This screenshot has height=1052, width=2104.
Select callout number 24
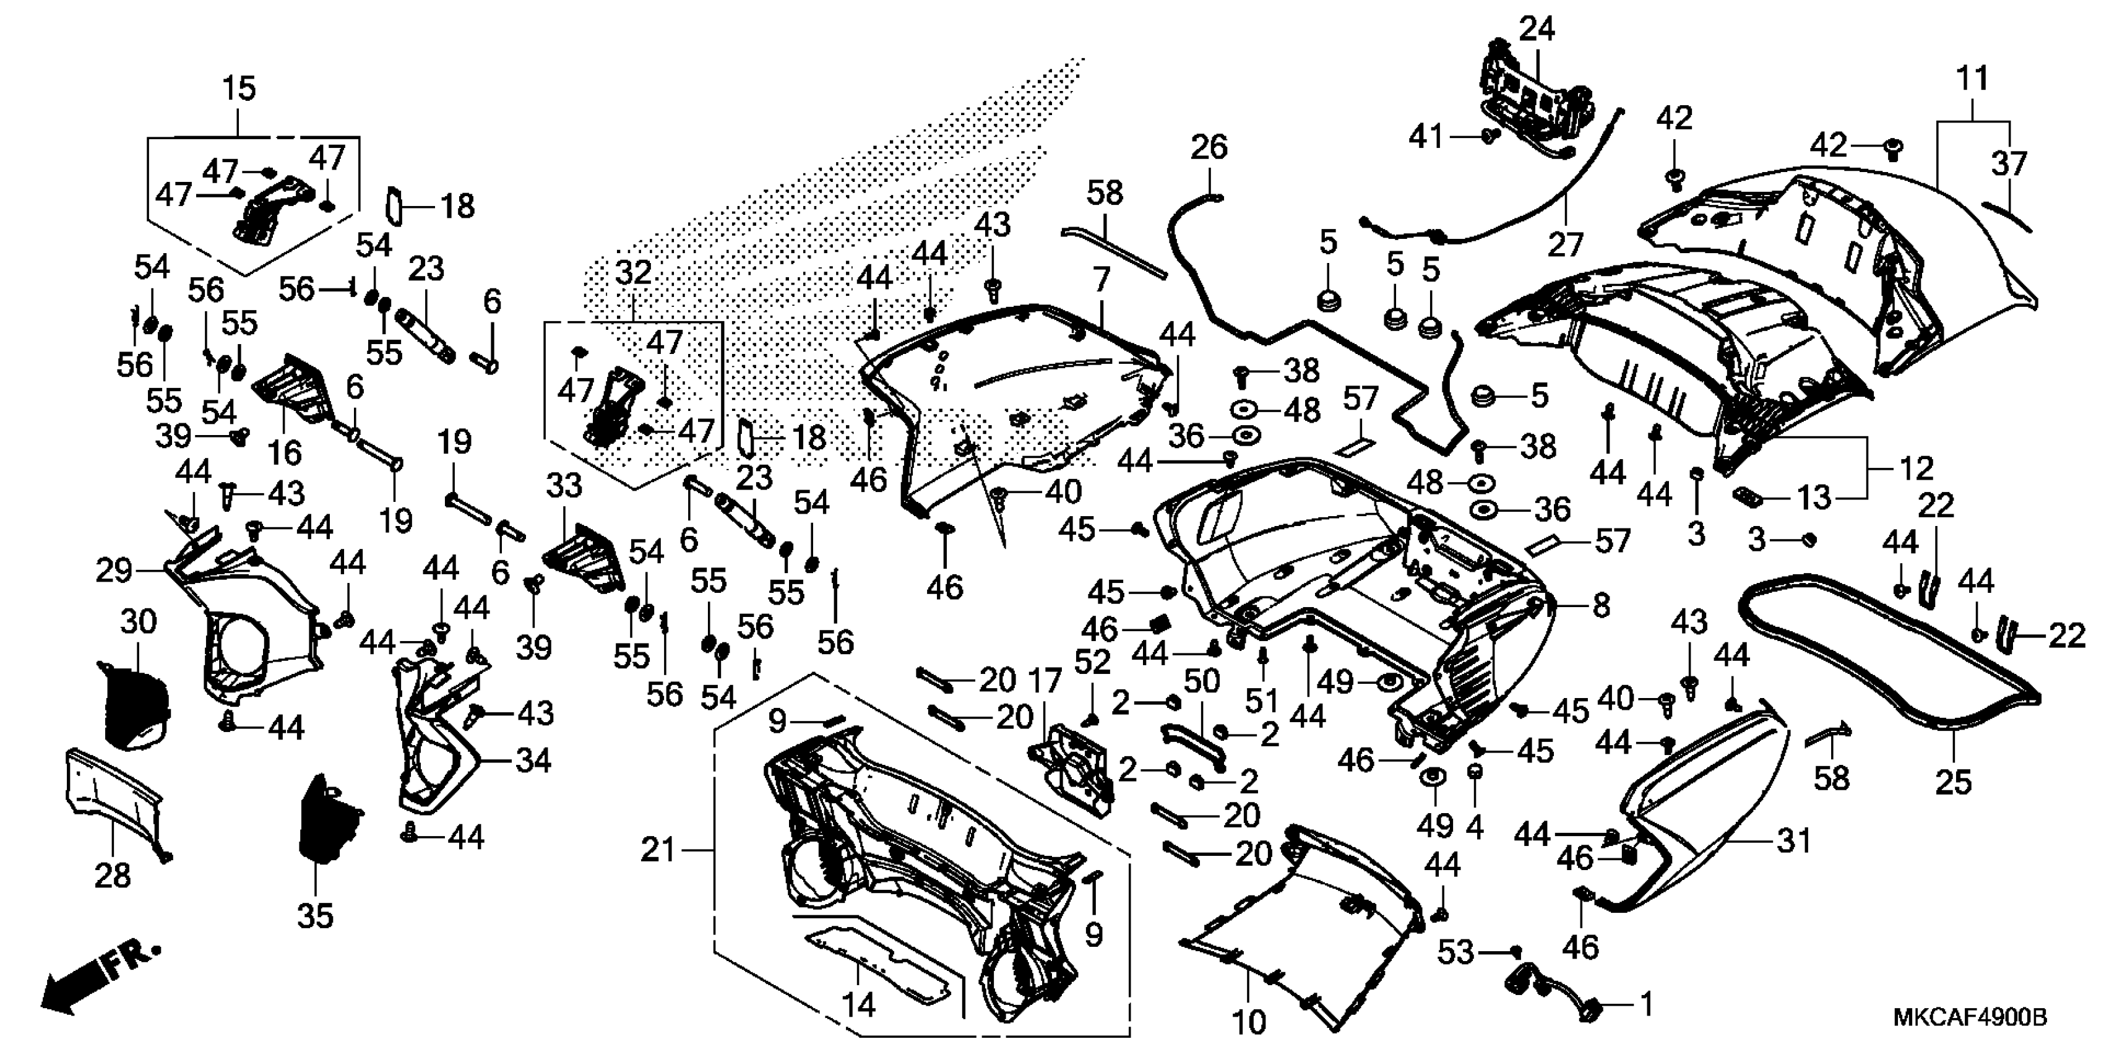click(x=1537, y=30)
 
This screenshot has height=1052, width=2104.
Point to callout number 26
click(x=1209, y=148)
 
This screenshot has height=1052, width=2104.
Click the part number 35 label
click(x=315, y=916)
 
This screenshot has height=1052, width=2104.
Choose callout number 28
click(x=113, y=876)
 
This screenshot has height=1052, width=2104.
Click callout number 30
click(x=138, y=623)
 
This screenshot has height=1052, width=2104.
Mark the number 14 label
click(x=858, y=1004)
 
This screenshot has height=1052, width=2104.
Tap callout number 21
click(x=658, y=850)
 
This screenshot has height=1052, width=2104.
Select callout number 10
click(x=1249, y=1021)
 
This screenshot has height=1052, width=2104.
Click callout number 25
click(x=1954, y=782)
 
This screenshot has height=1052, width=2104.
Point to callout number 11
click(x=1973, y=79)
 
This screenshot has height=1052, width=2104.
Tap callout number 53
click(x=1455, y=952)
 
